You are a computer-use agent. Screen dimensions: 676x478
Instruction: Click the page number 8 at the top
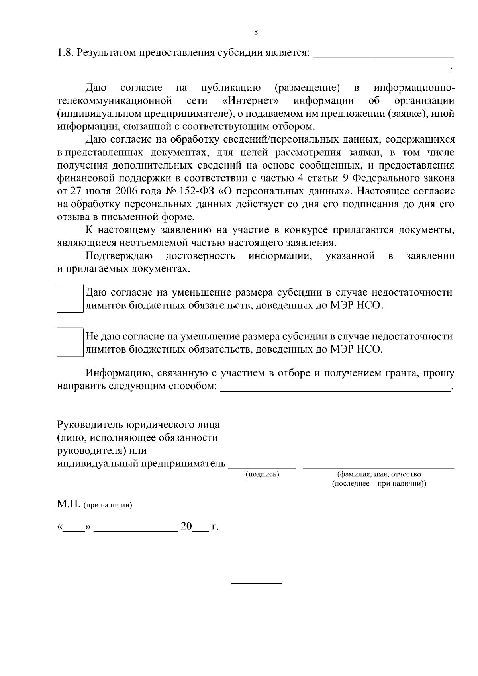[x=256, y=32]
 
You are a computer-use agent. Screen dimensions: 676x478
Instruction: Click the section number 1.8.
[x=65, y=53]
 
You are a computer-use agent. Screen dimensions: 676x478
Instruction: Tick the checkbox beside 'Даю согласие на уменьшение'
[x=70, y=298]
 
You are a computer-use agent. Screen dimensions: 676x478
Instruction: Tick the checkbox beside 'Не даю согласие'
[x=70, y=342]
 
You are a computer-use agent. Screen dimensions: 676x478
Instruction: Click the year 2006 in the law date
[x=126, y=191]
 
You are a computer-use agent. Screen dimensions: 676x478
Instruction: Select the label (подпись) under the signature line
[x=262, y=474]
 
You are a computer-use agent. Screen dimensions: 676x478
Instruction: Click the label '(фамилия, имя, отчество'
[x=379, y=474]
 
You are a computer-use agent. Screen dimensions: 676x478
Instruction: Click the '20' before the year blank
[x=186, y=527]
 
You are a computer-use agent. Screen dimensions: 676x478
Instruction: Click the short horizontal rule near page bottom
[x=256, y=584]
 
